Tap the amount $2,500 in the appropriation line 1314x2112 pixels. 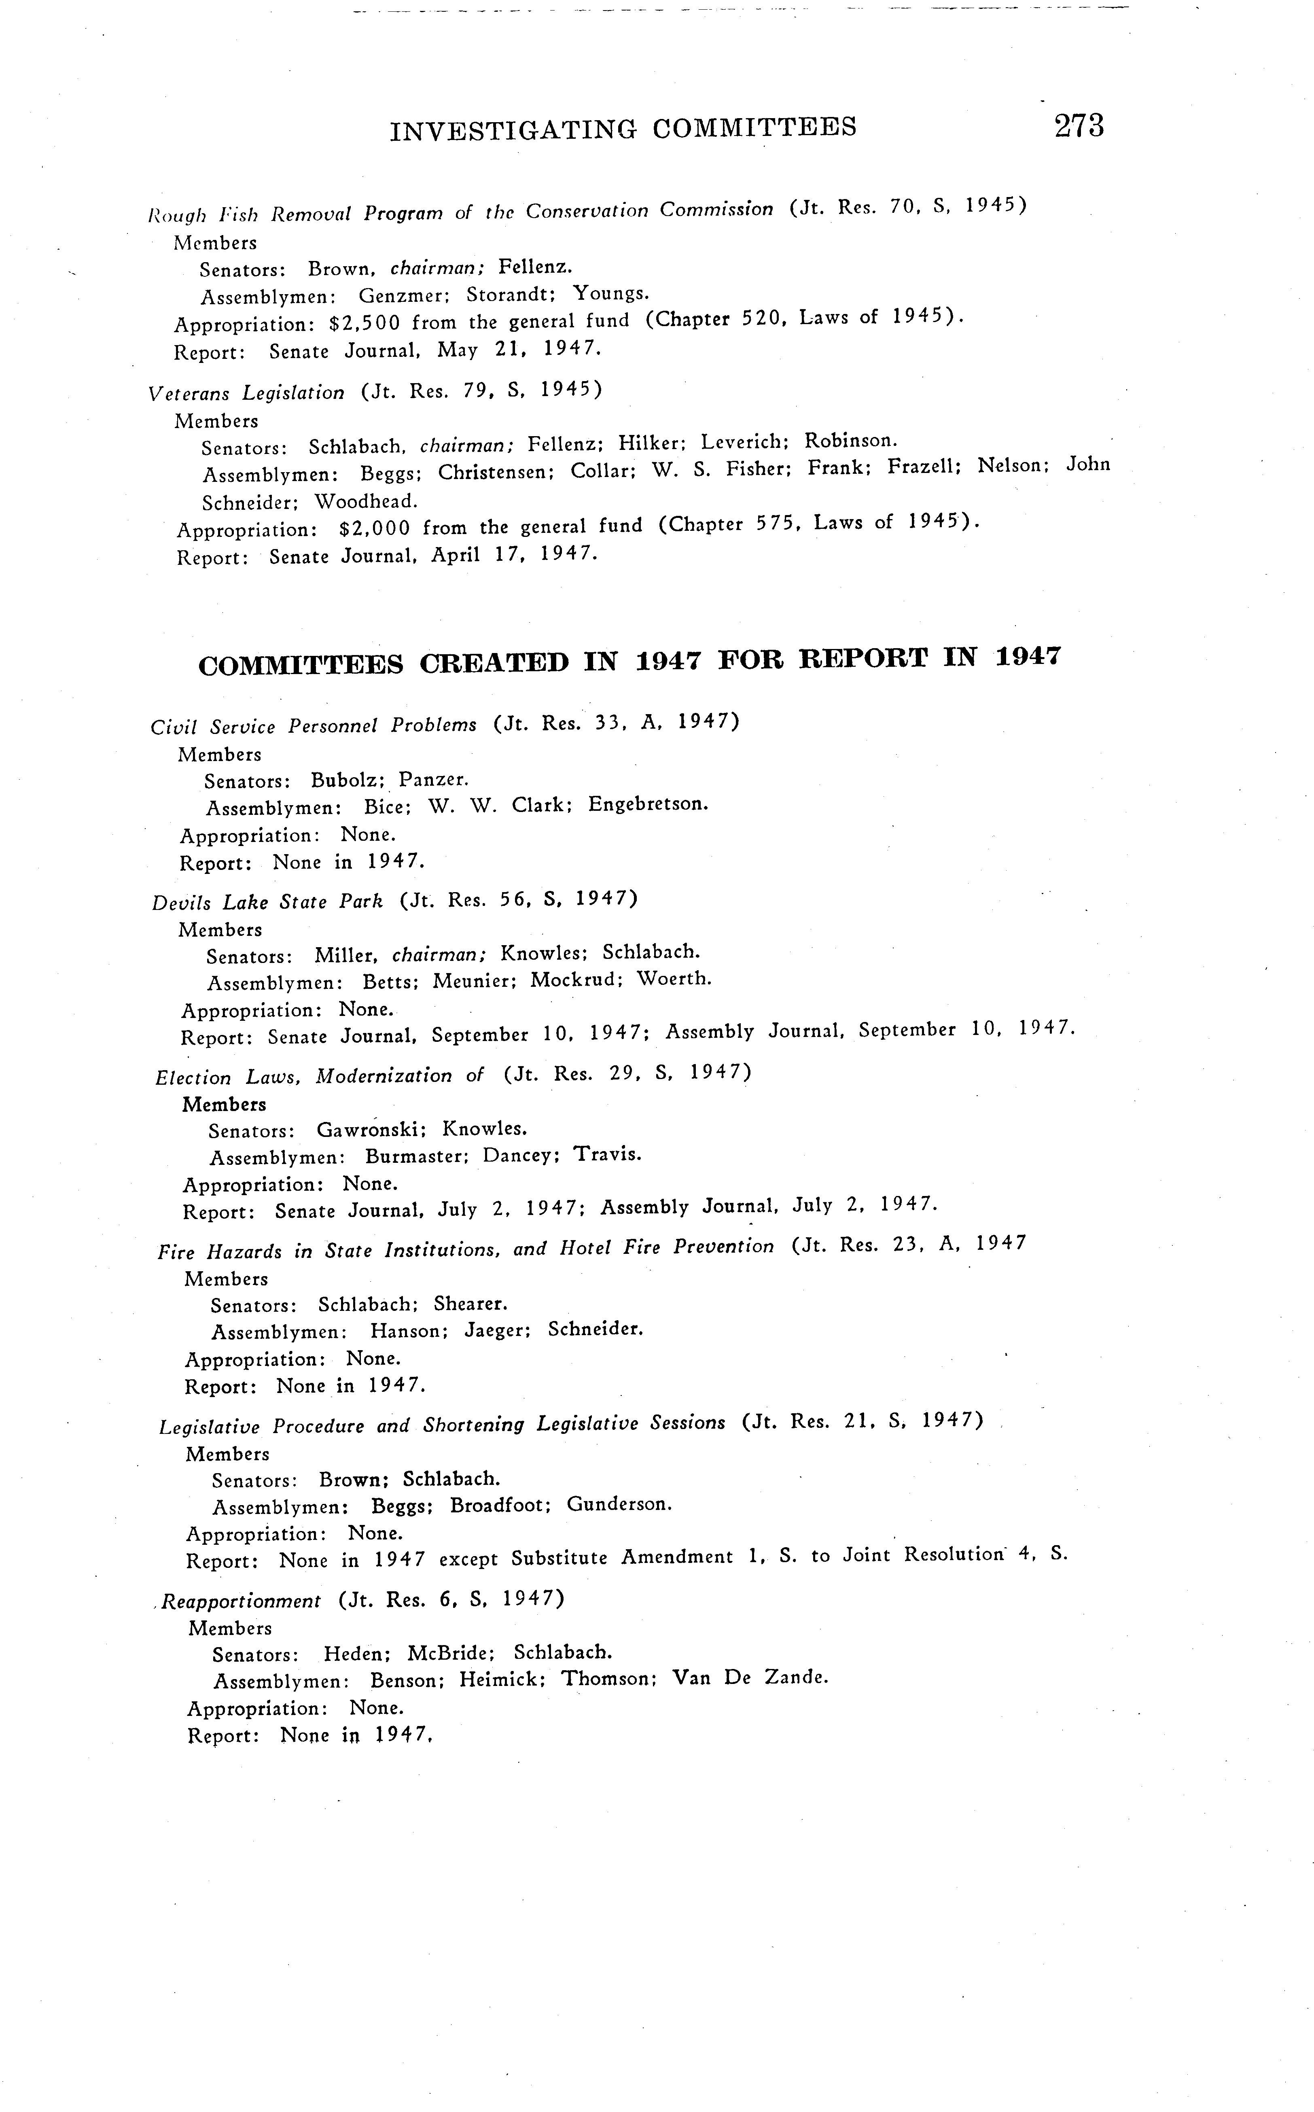[x=365, y=323]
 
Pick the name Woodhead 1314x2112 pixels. [x=366, y=501]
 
